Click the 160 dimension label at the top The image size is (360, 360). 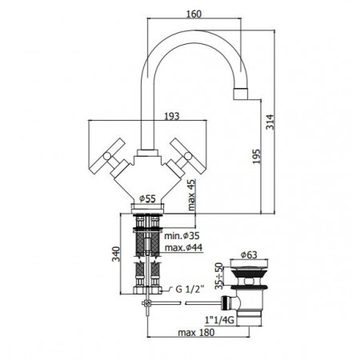coord(194,14)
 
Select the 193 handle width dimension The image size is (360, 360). coord(172,116)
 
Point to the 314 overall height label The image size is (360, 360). coord(270,122)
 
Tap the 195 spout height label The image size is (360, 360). coord(256,156)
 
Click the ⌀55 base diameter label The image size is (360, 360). coord(147,198)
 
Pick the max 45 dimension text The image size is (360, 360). coord(191,195)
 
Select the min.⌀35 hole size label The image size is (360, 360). coord(182,236)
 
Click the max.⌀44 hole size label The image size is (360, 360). coord(183,248)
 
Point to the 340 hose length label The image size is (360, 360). coord(116,254)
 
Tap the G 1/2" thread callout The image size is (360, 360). coord(190,289)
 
